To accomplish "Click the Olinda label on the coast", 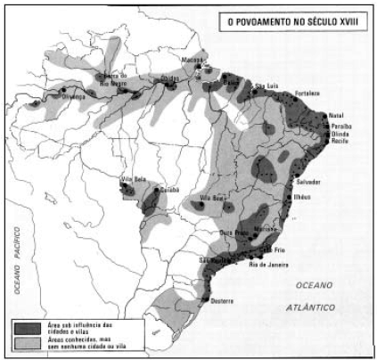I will (343, 134).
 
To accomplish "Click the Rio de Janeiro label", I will (269, 265).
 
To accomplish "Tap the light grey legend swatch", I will (28, 343).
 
